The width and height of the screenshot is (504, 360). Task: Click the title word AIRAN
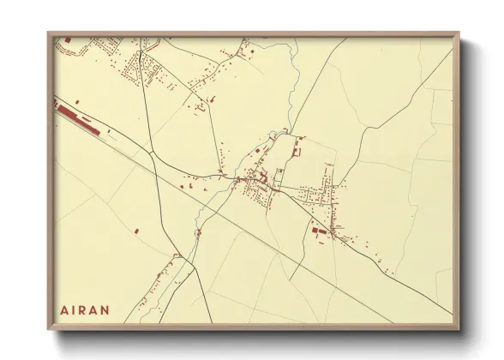[86, 309]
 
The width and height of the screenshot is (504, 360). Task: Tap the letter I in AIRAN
[75, 309]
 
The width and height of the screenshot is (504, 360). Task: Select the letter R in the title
[85, 309]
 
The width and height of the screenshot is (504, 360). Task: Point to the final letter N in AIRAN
[107, 309]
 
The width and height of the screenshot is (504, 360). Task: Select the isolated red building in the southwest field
[135, 230]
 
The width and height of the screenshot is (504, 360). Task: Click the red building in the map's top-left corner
[66, 41]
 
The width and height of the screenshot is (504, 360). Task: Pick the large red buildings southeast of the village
[321, 231]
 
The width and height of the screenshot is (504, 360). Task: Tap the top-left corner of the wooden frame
[49, 34]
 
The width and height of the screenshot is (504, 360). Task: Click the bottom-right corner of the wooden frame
[459, 329]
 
